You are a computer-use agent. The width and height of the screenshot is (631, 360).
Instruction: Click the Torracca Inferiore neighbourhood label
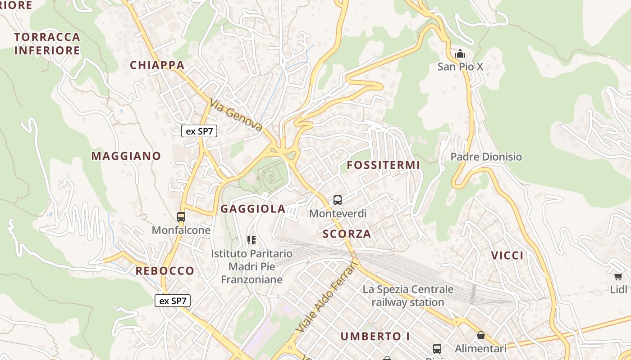point(47,44)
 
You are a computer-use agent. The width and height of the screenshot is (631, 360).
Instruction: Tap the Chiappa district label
point(157,65)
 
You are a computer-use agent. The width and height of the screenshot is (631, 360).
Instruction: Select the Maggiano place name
point(126,156)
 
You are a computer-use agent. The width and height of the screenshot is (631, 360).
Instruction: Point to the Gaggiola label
point(253,209)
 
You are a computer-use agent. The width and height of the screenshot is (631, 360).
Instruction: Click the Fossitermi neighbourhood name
point(383,165)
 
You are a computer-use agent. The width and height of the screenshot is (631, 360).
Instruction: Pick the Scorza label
point(347,234)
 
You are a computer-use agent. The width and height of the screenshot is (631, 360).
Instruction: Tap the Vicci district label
point(507,256)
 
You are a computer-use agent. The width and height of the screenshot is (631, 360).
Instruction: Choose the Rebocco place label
point(165,271)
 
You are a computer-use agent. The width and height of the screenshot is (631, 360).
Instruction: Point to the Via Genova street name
point(236,115)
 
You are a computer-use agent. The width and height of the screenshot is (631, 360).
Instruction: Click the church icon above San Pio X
point(460,54)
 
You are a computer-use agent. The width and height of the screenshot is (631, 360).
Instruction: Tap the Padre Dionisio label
point(486,157)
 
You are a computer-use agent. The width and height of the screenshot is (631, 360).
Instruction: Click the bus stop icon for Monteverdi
point(338,200)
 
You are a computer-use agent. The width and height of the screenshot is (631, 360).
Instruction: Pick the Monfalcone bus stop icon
point(181,217)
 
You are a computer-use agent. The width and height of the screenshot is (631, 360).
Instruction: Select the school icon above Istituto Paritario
point(251,241)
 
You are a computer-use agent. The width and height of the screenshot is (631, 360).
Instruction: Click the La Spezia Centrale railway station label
point(408,296)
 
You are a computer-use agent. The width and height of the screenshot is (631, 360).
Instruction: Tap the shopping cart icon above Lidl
point(618,276)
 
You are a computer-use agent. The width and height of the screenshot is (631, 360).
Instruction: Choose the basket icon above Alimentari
point(481,335)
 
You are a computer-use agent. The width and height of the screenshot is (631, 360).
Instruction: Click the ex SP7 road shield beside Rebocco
point(173,301)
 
